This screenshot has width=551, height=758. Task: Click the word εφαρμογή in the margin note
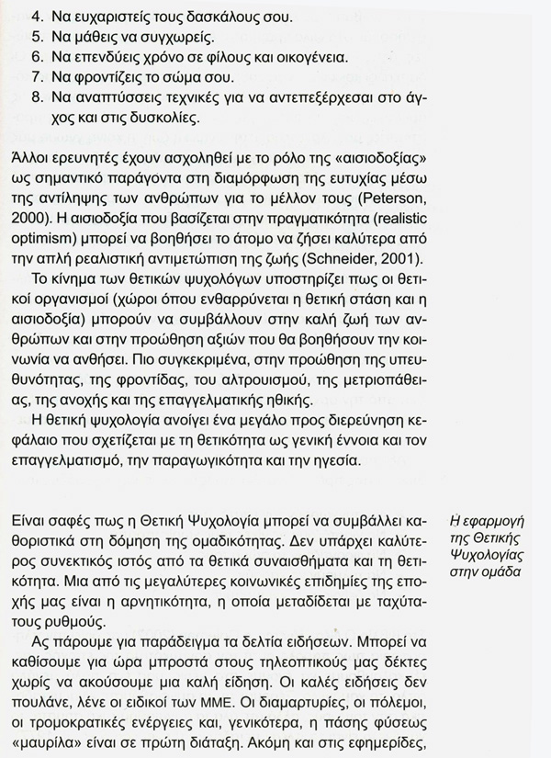coord(497,521)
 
